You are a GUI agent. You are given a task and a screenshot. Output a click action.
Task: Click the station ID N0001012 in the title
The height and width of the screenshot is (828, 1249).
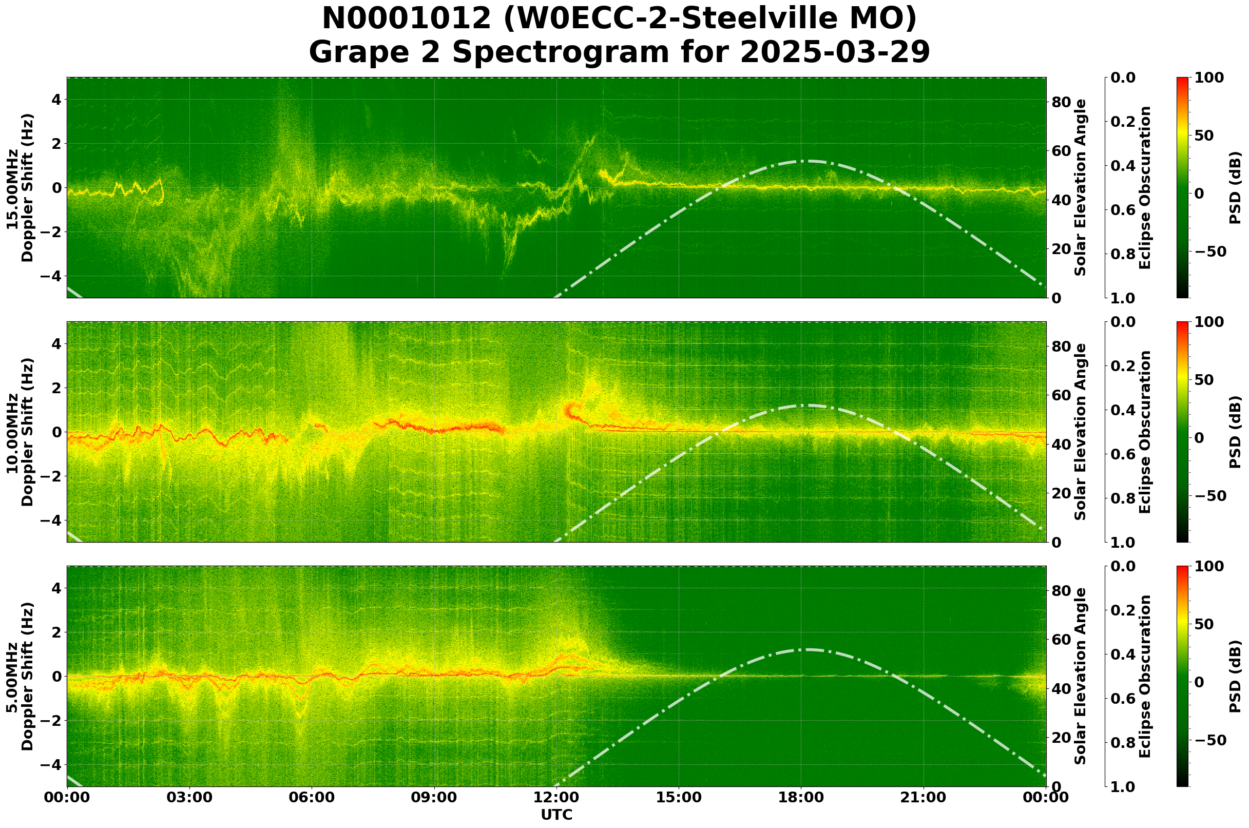tap(407, 19)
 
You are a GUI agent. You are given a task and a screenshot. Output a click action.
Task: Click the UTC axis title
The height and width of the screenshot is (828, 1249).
tap(556, 815)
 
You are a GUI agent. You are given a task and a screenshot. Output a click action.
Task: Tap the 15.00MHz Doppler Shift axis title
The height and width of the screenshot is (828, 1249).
tap(20, 187)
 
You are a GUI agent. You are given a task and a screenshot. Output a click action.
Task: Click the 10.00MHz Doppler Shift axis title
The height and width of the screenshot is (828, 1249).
tap(20, 432)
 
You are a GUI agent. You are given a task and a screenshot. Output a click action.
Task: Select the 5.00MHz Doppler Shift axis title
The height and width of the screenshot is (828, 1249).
tap(20, 676)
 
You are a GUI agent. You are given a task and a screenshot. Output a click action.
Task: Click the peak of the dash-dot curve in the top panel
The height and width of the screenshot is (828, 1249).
tap(804, 161)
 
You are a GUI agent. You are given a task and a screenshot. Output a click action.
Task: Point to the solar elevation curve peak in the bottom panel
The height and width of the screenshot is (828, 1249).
tap(804, 649)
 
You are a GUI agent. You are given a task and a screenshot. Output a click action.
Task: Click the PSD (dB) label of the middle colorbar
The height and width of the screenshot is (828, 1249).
tap(1235, 432)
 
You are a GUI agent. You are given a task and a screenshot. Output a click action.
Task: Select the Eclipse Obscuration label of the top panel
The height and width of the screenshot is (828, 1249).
tap(1144, 187)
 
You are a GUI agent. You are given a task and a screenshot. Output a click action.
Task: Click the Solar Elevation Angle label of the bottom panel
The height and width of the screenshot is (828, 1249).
tap(1081, 676)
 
